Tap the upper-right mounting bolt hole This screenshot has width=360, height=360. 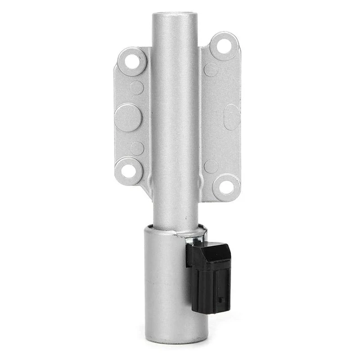click(x=223, y=46)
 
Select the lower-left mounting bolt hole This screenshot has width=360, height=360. click(x=129, y=170)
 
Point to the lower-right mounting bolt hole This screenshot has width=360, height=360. click(x=226, y=186)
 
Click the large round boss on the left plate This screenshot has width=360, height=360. click(x=128, y=117)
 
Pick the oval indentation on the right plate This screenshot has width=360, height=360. click(x=232, y=117)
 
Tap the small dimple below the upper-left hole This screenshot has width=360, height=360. click(x=137, y=88)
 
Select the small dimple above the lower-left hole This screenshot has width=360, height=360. click(x=137, y=148)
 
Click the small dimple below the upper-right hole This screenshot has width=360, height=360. click(x=211, y=69)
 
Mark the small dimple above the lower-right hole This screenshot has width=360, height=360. click(x=211, y=166)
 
